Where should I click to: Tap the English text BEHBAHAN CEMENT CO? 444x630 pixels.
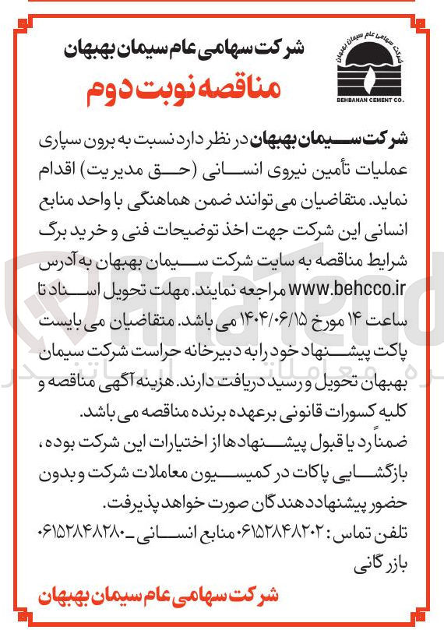tap(374, 99)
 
